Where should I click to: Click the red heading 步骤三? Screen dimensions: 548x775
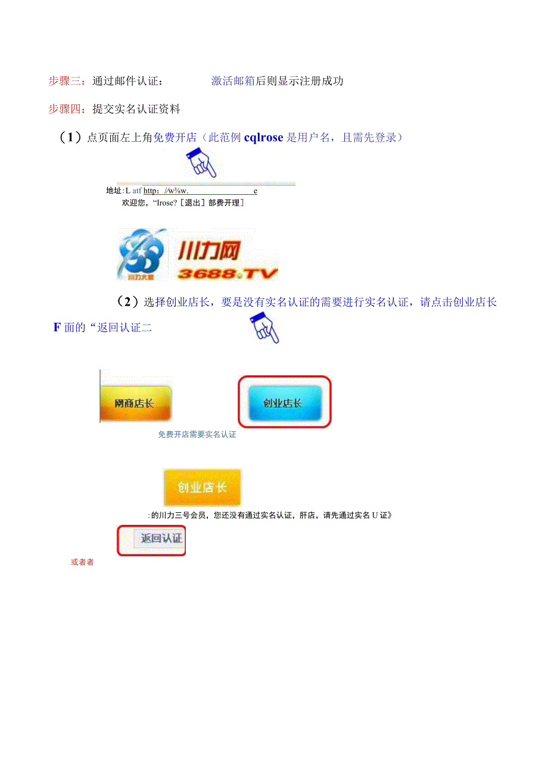pyautogui.click(x=67, y=81)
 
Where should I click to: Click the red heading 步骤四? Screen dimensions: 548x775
pyautogui.click(x=67, y=109)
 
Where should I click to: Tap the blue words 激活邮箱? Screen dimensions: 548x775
pyautogui.click(x=233, y=81)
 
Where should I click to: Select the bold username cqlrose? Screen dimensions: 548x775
pyautogui.click(x=263, y=138)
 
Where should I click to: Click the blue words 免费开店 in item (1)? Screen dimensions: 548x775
pyautogui.click(x=175, y=138)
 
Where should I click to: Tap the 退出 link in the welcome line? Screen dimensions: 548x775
pyautogui.click(x=193, y=203)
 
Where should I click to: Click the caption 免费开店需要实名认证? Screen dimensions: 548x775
pyautogui.click(x=197, y=434)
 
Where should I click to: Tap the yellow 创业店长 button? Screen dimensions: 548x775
pyautogui.click(x=203, y=487)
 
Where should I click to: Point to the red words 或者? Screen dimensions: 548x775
pyautogui.click(x=82, y=562)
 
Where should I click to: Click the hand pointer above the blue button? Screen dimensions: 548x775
pyautogui.click(x=266, y=327)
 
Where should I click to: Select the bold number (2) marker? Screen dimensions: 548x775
pyautogui.click(x=127, y=302)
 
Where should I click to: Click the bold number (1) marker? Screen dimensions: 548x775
pyautogui.click(x=70, y=138)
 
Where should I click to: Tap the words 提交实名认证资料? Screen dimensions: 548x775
pyautogui.click(x=136, y=109)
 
